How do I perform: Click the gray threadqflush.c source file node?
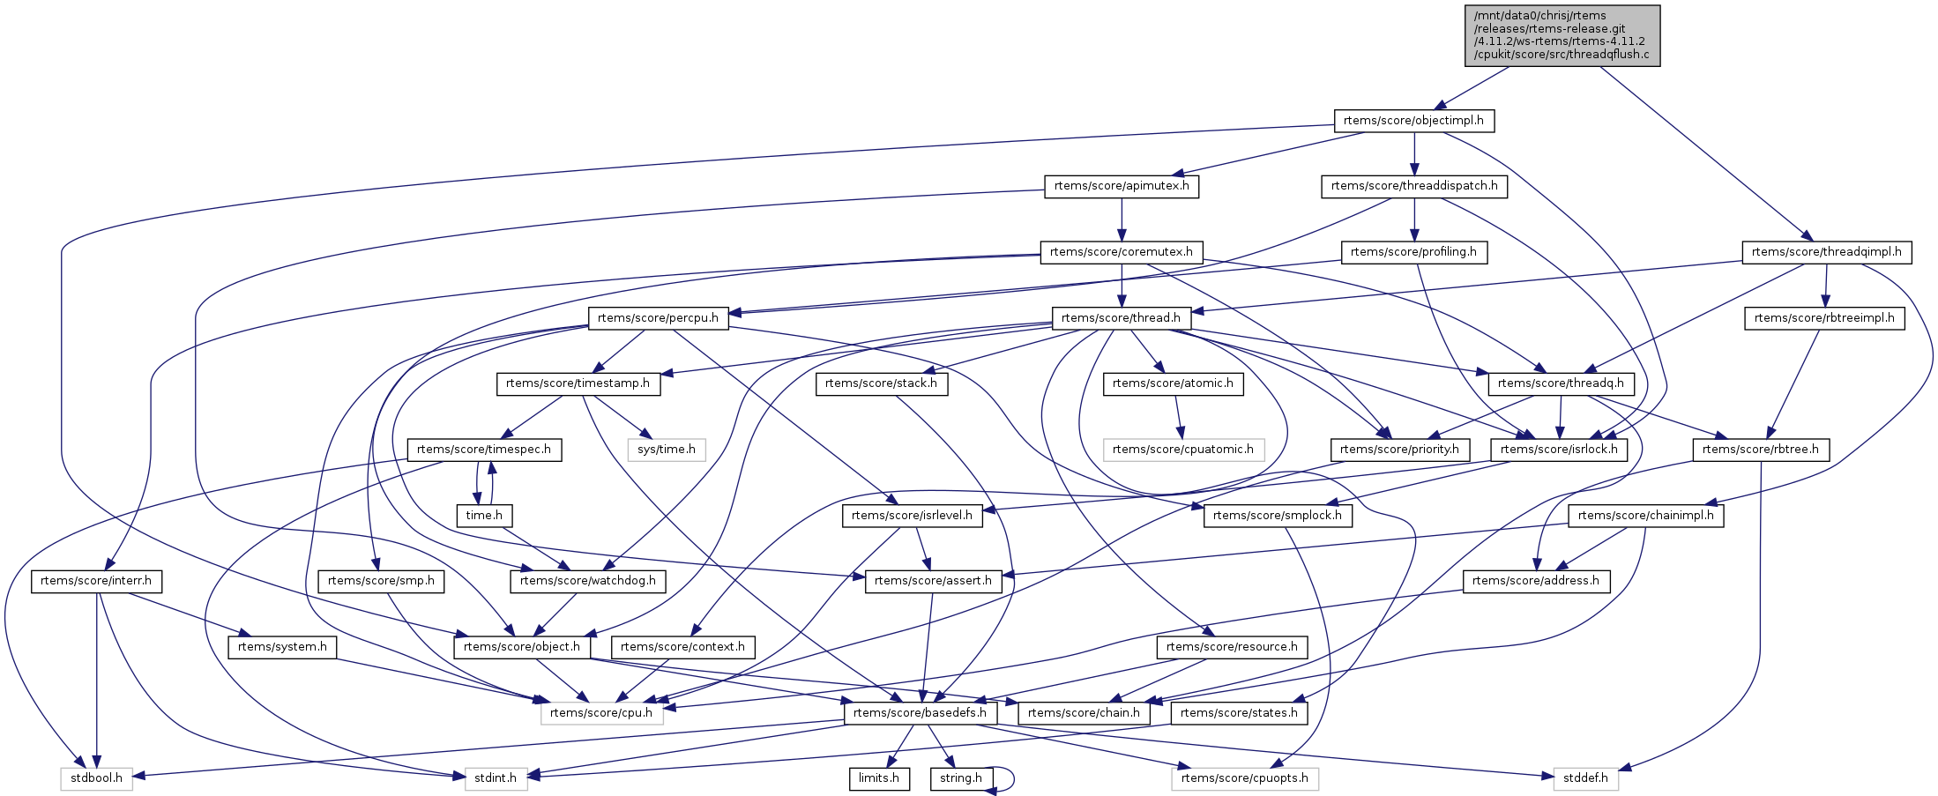(1562, 35)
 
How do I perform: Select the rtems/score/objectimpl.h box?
(1413, 121)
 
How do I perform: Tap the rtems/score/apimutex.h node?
(1122, 186)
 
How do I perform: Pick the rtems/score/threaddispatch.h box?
(1413, 186)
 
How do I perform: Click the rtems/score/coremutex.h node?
(1122, 252)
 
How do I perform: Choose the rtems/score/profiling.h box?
(1413, 252)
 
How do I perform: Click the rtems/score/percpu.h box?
(658, 318)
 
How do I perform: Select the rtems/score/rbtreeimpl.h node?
(1824, 318)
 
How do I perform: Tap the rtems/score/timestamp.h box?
(578, 383)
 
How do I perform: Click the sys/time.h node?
(667, 450)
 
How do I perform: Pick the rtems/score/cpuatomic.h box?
(1183, 450)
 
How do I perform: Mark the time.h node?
(484, 516)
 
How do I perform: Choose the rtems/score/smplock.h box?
(1278, 516)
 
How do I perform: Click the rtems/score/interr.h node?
(96, 581)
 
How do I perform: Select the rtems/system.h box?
(282, 647)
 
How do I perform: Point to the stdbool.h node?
(96, 778)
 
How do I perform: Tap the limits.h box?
(879, 778)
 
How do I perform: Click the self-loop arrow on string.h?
(1010, 779)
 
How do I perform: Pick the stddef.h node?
(1585, 778)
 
